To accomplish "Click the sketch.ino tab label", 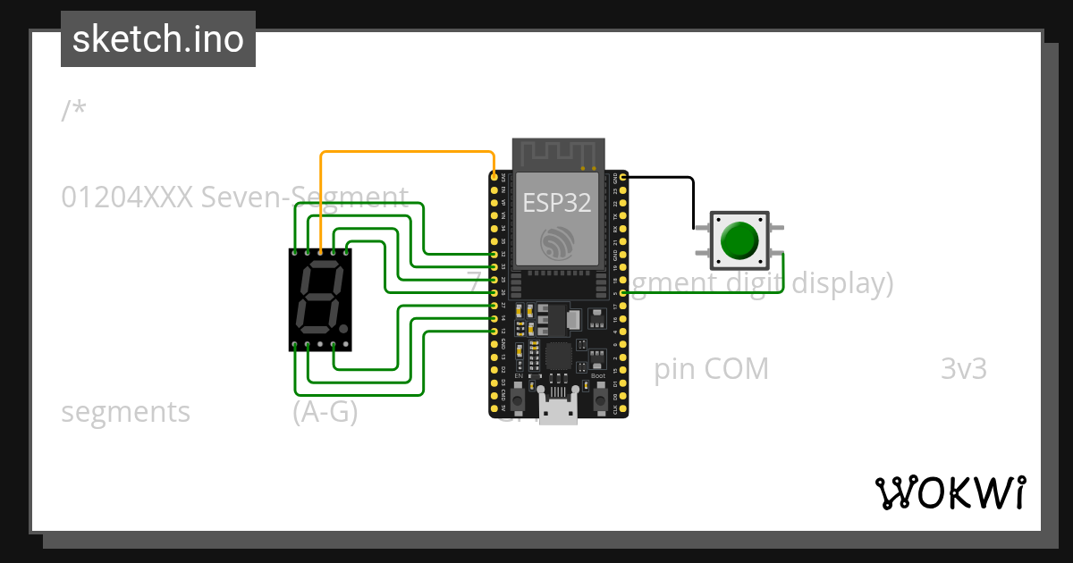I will point(157,39).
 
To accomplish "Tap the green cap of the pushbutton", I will point(739,240).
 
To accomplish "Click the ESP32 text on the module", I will point(556,202).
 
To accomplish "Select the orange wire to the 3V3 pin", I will point(402,152).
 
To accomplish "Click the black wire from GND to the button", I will point(693,201).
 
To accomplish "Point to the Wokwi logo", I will point(950,492).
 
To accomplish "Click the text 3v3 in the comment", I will point(963,369).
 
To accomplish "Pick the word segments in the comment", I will point(126,412).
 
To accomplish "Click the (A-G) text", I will point(325,412).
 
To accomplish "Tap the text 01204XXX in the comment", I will point(126,197).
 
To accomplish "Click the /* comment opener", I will point(74,111).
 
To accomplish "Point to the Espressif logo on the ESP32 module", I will point(556,244).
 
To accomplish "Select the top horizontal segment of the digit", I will point(321,266).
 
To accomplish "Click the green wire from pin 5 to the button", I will point(706,292).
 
